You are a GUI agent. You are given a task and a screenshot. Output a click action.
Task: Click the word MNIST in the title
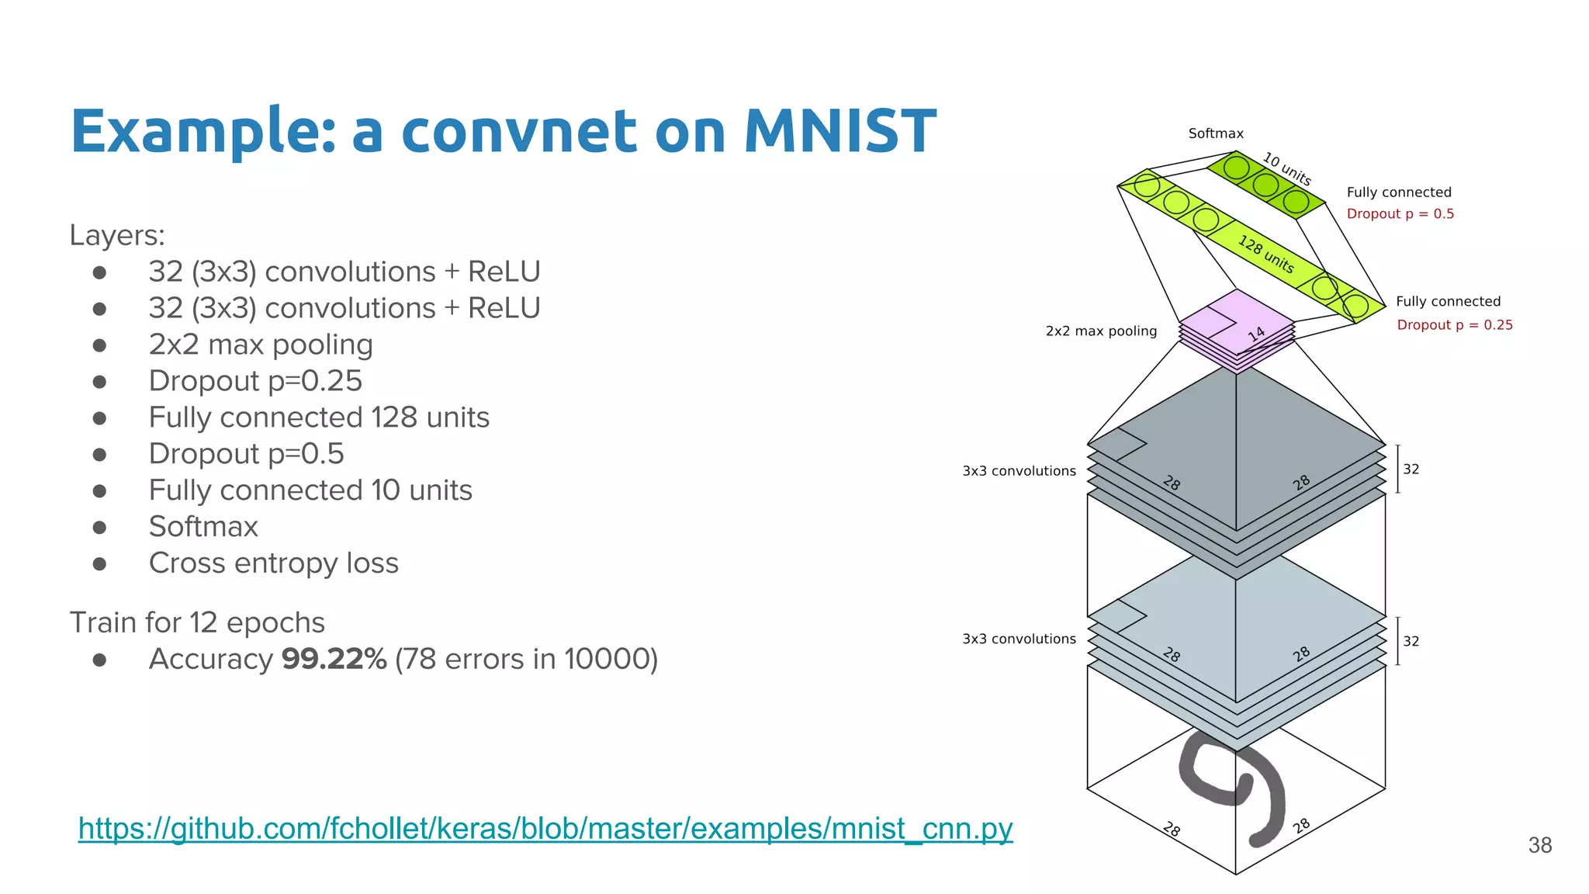pyautogui.click(x=840, y=130)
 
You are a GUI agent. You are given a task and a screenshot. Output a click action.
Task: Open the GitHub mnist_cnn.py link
pyautogui.click(x=545, y=829)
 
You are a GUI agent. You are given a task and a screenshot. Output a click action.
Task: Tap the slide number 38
pyautogui.click(x=1539, y=845)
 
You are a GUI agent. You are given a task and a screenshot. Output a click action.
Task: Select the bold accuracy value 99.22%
pyautogui.click(x=334, y=659)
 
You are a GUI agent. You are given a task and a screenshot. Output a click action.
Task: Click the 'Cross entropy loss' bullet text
pyautogui.click(x=273, y=563)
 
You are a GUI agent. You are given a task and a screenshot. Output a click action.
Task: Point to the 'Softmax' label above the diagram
pyautogui.click(x=1215, y=133)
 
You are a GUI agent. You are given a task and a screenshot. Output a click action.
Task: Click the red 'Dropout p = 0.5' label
pyautogui.click(x=1400, y=214)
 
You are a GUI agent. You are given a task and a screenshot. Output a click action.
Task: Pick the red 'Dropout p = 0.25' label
pyautogui.click(x=1454, y=325)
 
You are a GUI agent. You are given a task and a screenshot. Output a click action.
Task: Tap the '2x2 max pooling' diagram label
pyautogui.click(x=1100, y=331)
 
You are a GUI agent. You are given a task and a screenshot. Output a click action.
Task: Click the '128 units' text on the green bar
pyautogui.click(x=1265, y=255)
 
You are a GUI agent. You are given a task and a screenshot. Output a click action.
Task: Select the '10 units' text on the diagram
pyautogui.click(x=1286, y=168)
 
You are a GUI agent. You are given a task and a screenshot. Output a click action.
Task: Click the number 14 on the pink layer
pyautogui.click(x=1257, y=334)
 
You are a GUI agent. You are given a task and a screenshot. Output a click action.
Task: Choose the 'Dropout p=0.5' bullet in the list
pyautogui.click(x=246, y=454)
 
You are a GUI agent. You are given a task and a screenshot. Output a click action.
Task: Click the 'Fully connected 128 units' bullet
pyautogui.click(x=319, y=418)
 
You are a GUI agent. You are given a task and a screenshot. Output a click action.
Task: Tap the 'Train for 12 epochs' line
pyautogui.click(x=197, y=622)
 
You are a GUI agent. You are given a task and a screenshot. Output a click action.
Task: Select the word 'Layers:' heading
pyautogui.click(x=117, y=235)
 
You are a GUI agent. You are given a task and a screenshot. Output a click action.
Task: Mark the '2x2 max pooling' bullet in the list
pyautogui.click(x=261, y=345)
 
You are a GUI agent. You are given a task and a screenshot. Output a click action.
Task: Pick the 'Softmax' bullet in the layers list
pyautogui.click(x=203, y=527)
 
